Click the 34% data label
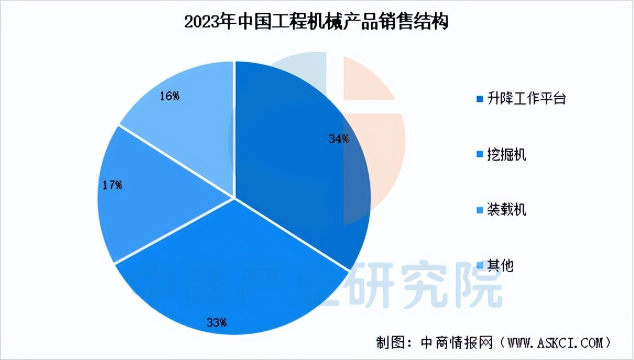[x=338, y=139]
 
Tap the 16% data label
[x=169, y=96]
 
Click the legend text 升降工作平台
[x=526, y=100]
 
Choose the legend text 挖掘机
[x=506, y=155]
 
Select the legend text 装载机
[x=506, y=210]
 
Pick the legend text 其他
[x=500, y=265]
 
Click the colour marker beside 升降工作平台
[x=479, y=100]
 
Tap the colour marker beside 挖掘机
[x=479, y=155]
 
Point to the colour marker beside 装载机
[x=479, y=210]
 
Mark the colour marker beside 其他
[x=479, y=265]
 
